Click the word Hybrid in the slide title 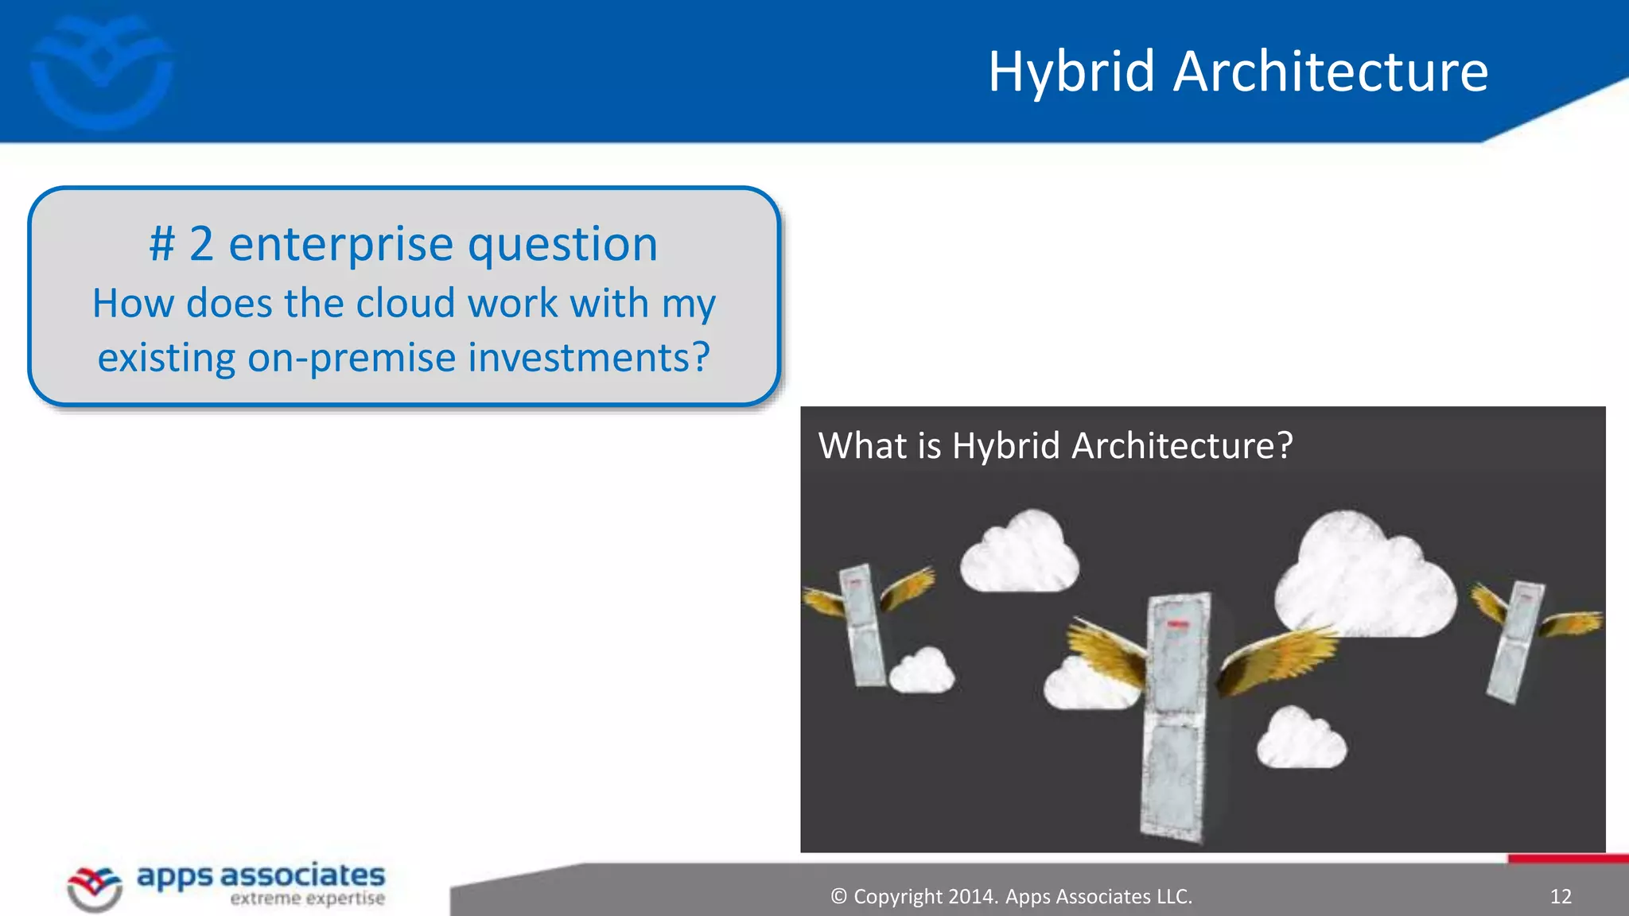pyautogui.click(x=1071, y=72)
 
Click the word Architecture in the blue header pyautogui.click(x=1329, y=72)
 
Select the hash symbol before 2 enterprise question pyautogui.click(x=161, y=244)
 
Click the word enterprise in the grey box pyautogui.click(x=340, y=244)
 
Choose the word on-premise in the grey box pyautogui.click(x=352, y=357)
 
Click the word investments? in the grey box pyautogui.click(x=589, y=357)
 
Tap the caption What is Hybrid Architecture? pyautogui.click(x=1055, y=445)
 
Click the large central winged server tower pyautogui.click(x=1176, y=716)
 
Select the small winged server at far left pyautogui.click(x=862, y=624)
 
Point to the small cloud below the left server pyautogui.click(x=922, y=671)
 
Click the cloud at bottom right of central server pyautogui.click(x=1301, y=739)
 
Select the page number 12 pyautogui.click(x=1560, y=897)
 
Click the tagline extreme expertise pyautogui.click(x=307, y=899)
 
